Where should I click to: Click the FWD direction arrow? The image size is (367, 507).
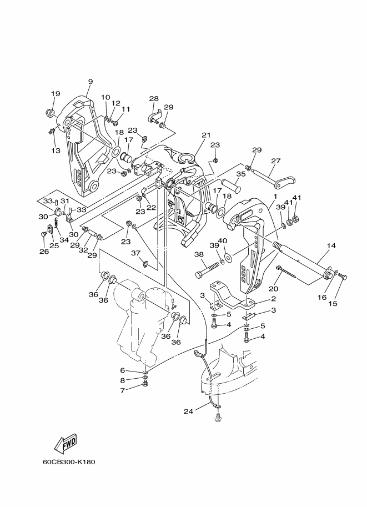pyautogui.click(x=66, y=443)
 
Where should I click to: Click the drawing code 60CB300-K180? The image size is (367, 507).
pyautogui.click(x=69, y=461)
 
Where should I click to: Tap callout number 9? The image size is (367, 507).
pyautogui.click(x=90, y=82)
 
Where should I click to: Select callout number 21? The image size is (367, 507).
pyautogui.click(x=206, y=135)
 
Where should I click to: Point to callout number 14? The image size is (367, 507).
pyautogui.click(x=331, y=246)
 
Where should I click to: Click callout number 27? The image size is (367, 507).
pyautogui.click(x=276, y=160)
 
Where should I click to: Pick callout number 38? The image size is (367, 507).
pyautogui.click(x=199, y=255)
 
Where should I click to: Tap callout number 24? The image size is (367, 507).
pyautogui.click(x=188, y=411)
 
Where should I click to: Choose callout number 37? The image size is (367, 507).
pyautogui.click(x=135, y=253)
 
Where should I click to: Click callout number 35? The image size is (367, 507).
pyautogui.click(x=241, y=174)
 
